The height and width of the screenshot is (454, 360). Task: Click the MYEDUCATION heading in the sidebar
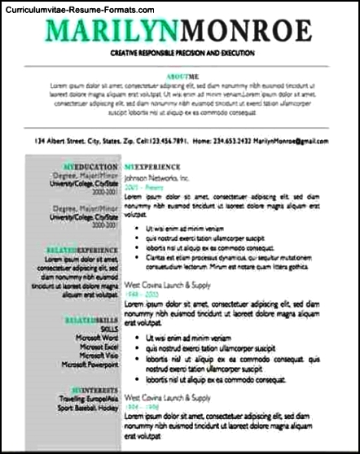click(90, 167)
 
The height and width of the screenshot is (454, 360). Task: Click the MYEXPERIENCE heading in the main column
click(154, 167)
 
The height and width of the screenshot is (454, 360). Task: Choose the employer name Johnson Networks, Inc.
click(156, 177)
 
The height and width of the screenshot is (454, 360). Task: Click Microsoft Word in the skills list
click(97, 338)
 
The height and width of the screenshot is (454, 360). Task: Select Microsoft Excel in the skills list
click(98, 347)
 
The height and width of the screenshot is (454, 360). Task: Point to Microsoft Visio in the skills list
click(99, 356)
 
